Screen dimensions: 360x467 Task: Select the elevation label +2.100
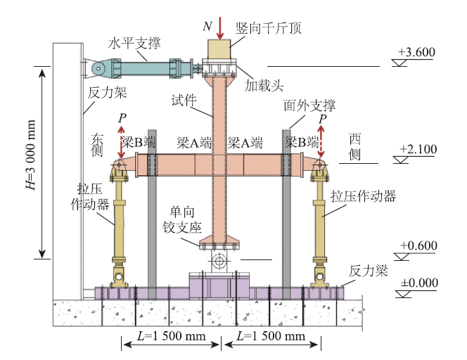click(x=417, y=149)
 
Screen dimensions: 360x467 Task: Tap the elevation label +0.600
click(x=418, y=245)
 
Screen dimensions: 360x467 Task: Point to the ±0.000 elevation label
click(x=418, y=283)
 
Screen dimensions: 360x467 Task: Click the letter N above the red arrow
click(x=207, y=26)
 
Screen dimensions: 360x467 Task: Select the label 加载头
click(x=264, y=86)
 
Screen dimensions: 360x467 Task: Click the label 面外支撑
click(x=309, y=106)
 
